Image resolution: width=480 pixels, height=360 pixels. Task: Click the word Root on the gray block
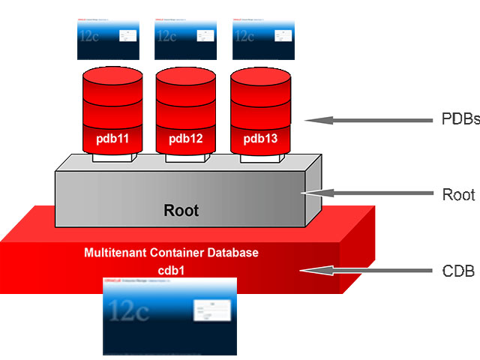(181, 211)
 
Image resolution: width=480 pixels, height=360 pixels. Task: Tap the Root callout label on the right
(457, 194)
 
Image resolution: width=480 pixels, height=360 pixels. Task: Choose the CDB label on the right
(455, 270)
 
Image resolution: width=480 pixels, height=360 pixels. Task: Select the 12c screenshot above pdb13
(263, 40)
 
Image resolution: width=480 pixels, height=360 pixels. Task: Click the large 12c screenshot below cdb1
(169, 316)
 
